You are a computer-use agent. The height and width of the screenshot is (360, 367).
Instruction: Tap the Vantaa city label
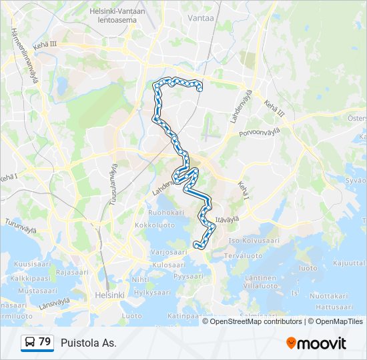point(201,18)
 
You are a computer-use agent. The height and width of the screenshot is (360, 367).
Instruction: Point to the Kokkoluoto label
point(154,225)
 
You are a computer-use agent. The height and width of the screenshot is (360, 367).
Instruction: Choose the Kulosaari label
point(168,265)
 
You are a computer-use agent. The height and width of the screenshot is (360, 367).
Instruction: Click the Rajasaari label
point(73,272)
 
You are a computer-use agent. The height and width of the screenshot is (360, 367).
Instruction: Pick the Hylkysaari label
point(153,292)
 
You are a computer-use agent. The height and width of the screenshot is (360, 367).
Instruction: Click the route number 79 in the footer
point(45,342)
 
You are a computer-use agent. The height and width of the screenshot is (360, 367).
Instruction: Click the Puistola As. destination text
point(89,343)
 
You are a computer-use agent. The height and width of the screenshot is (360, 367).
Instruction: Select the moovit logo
point(316,343)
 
